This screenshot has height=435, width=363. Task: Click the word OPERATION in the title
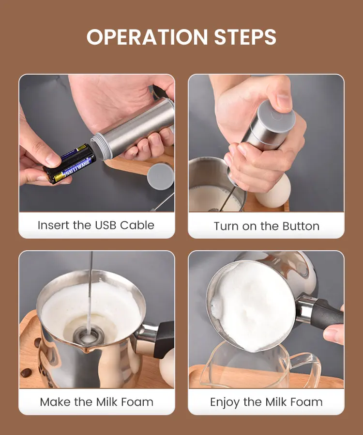pyautogui.click(x=147, y=37)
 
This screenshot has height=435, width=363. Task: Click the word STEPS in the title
pyautogui.click(x=245, y=37)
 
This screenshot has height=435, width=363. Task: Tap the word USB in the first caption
pyautogui.click(x=105, y=226)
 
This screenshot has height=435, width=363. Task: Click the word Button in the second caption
pyautogui.click(x=301, y=226)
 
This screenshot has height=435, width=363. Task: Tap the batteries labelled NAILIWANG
pyautogui.click(x=69, y=163)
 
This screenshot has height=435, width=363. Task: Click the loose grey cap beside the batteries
pyautogui.click(x=161, y=176)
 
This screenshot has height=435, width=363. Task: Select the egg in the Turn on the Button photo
pyautogui.click(x=273, y=192)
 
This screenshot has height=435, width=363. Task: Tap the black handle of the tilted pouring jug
pyautogui.click(x=327, y=314)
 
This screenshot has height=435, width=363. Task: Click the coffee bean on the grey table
pyautogui.click(x=26, y=373)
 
